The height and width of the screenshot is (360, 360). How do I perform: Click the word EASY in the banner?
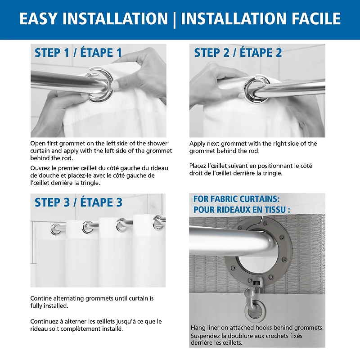pyautogui.click(x=39, y=18)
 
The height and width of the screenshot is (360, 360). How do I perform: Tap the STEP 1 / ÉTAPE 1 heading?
pyautogui.click(x=78, y=53)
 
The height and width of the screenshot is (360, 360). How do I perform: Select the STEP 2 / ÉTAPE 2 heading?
pyautogui.click(x=238, y=53)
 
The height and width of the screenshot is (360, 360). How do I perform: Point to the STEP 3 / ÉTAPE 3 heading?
pyautogui.click(x=78, y=202)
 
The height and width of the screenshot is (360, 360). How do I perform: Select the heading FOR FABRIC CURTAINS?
pyautogui.click(x=237, y=199)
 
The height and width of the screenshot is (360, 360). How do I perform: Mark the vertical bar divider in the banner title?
pyautogui.click(x=174, y=19)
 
